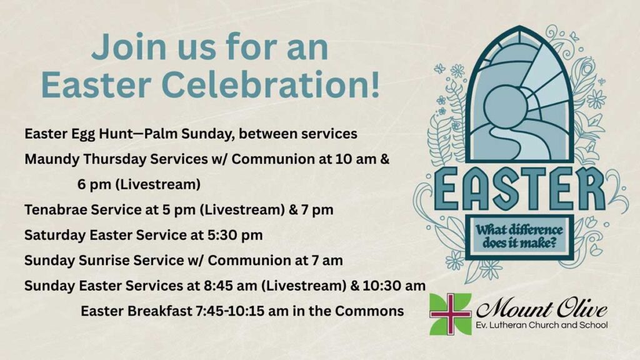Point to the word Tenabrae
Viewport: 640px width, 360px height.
pyautogui.click(x=56, y=210)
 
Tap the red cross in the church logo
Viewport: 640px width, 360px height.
pyautogui.click(x=450, y=314)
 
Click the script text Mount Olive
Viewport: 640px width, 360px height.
pyautogui.click(x=541, y=309)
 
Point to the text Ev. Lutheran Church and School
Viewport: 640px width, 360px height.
pyautogui.click(x=542, y=325)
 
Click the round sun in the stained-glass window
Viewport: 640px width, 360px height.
pyautogui.click(x=504, y=106)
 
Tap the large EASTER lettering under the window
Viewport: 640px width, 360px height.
pyautogui.click(x=519, y=189)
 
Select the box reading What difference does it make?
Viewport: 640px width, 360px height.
pyautogui.click(x=519, y=237)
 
